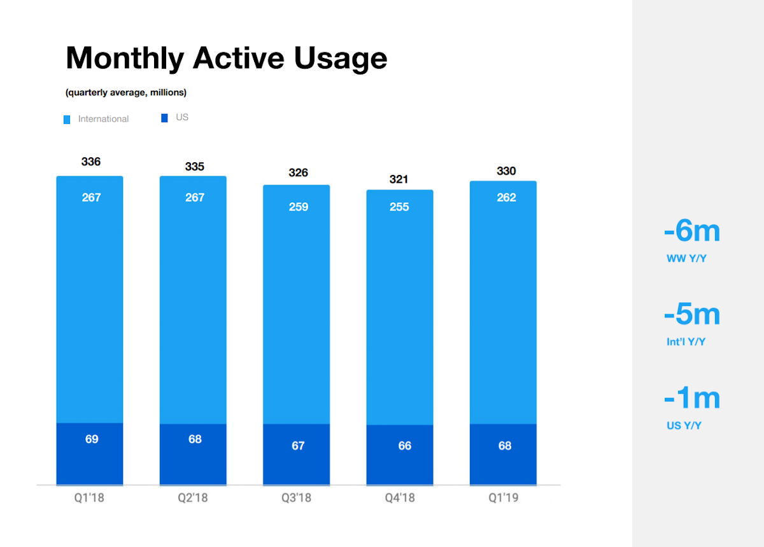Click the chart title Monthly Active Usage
point(227,59)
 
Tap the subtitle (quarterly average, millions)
point(126,92)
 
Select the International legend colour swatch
point(67,120)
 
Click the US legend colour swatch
point(164,118)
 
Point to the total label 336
point(90,162)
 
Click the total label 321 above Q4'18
point(399,179)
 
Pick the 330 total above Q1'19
point(506,170)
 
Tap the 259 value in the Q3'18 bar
point(299,207)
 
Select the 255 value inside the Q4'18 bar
point(399,207)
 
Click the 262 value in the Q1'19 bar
point(506,197)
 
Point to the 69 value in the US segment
point(92,439)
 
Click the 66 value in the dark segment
point(405,446)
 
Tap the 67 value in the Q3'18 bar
point(298,446)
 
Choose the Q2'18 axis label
point(193,498)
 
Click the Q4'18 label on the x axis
point(400,498)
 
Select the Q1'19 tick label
point(504,498)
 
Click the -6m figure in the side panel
point(692,231)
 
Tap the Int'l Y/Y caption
point(686,342)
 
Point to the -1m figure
point(692,398)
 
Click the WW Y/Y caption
point(686,259)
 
